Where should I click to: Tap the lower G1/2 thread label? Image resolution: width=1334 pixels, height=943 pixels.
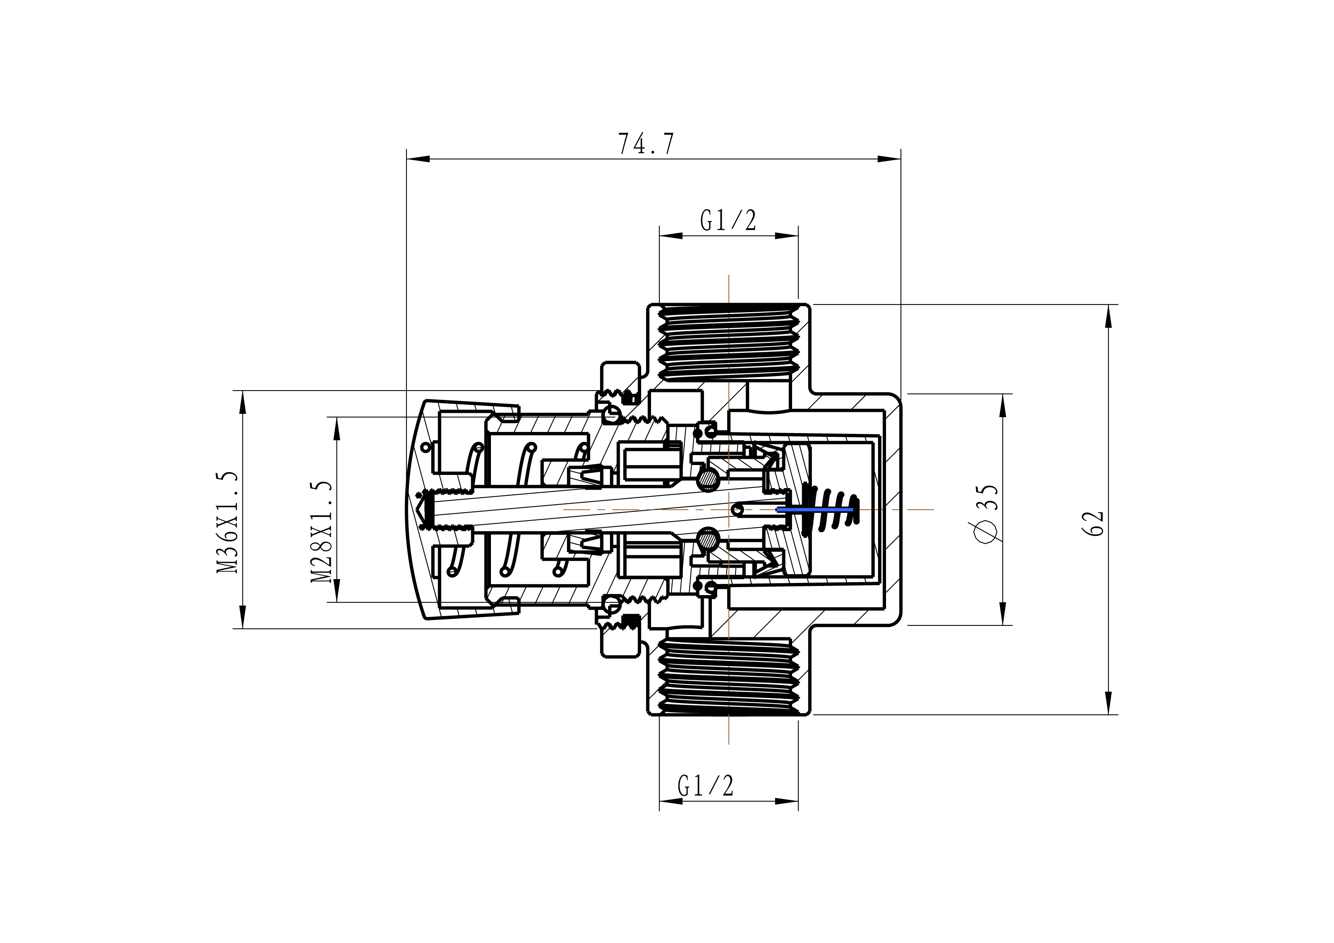[x=705, y=786]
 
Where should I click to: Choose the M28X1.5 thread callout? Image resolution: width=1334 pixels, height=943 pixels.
[x=321, y=531]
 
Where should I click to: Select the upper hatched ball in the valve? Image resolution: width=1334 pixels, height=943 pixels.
[x=708, y=479]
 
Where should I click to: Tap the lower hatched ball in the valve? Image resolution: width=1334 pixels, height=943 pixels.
[x=708, y=540]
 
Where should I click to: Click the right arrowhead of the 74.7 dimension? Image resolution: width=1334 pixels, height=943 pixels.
[x=889, y=159]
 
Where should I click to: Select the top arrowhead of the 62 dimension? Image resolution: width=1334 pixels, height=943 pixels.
[x=1108, y=317]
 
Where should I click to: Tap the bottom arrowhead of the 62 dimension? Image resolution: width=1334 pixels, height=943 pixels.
[x=1108, y=702]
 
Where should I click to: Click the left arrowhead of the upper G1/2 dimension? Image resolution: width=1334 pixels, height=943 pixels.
[x=671, y=236]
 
